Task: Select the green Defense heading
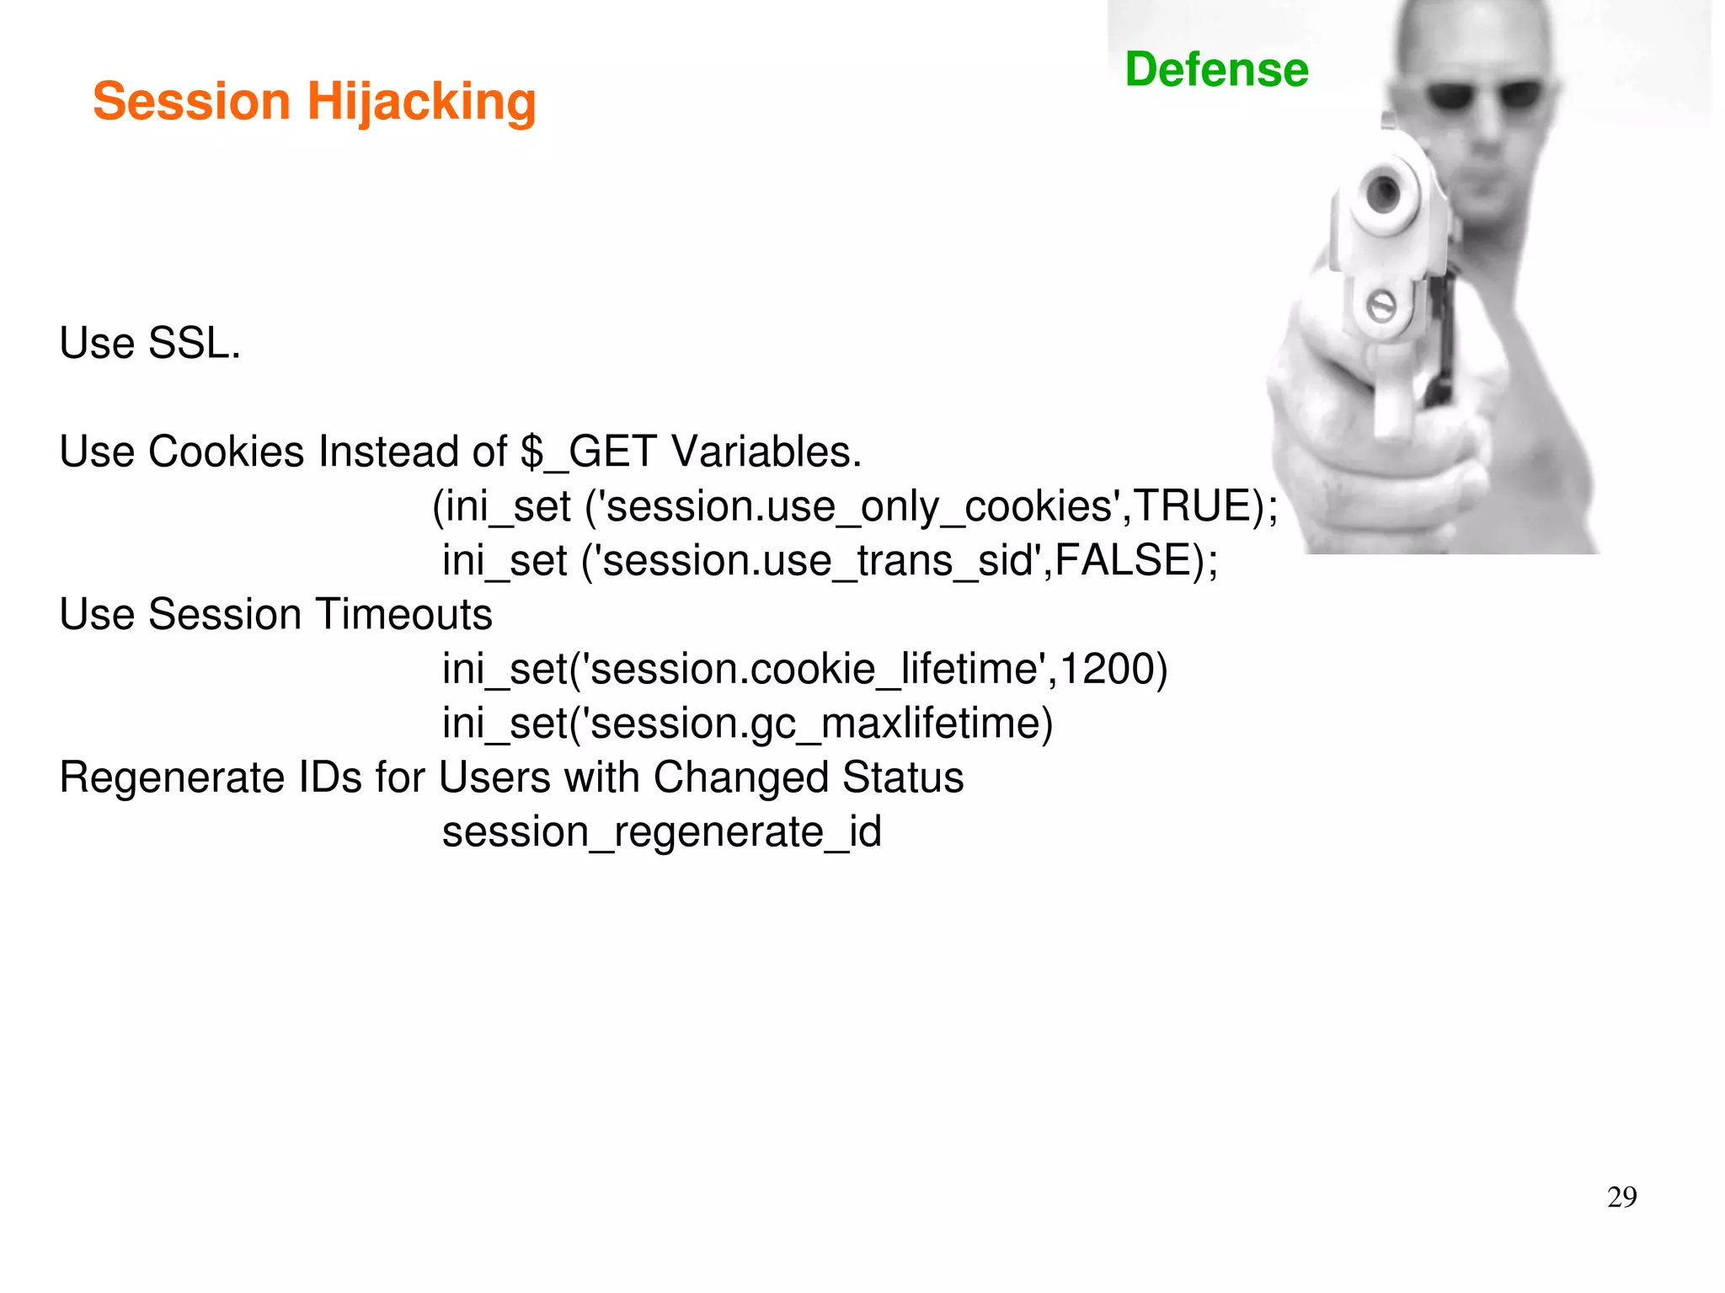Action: click(1216, 69)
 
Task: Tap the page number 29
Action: click(1621, 1197)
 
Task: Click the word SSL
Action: click(195, 344)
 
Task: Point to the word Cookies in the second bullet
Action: click(226, 451)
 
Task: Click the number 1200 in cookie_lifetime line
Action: click(1107, 669)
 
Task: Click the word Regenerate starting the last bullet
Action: click(173, 777)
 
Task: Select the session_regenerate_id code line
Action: click(662, 832)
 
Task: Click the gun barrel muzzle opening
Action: click(1382, 193)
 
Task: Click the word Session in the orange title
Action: click(191, 103)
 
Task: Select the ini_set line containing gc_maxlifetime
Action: click(748, 724)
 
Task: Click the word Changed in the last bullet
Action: click(740, 777)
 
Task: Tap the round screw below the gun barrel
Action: click(1381, 306)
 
